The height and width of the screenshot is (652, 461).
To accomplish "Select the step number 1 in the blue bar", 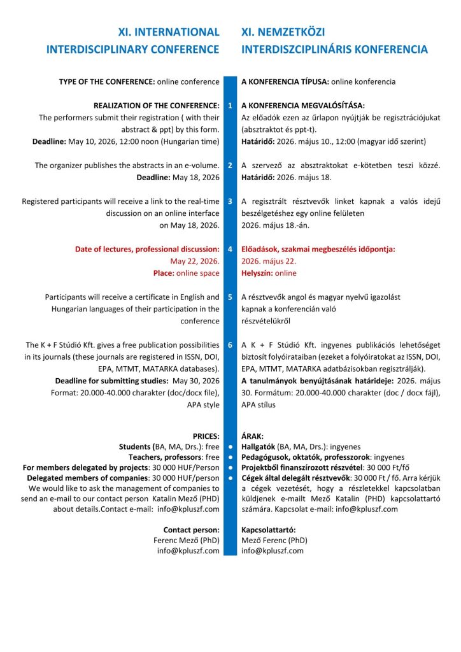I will tap(230, 105).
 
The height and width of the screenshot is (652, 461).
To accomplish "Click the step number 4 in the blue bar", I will tap(230, 249).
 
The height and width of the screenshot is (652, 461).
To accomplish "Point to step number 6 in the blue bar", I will tap(230, 345).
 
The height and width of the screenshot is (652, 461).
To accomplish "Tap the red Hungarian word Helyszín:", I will tap(257, 273).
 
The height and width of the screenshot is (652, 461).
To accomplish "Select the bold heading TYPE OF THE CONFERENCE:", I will tap(107, 81).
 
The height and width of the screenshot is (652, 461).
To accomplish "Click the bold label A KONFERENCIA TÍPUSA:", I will tap(285, 81).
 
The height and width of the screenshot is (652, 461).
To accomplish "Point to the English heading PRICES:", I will tap(204, 436).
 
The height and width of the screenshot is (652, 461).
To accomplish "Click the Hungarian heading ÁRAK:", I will tap(253, 436).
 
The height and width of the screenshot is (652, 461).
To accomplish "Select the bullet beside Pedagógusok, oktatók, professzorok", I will tap(230, 457).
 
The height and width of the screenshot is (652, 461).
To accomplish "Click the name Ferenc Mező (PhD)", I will tap(188, 540).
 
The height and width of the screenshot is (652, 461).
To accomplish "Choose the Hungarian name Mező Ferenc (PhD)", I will tap(274, 540).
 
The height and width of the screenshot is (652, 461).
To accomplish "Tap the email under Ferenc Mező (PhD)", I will tap(188, 551).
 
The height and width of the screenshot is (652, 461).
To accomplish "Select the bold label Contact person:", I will tap(191, 529).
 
